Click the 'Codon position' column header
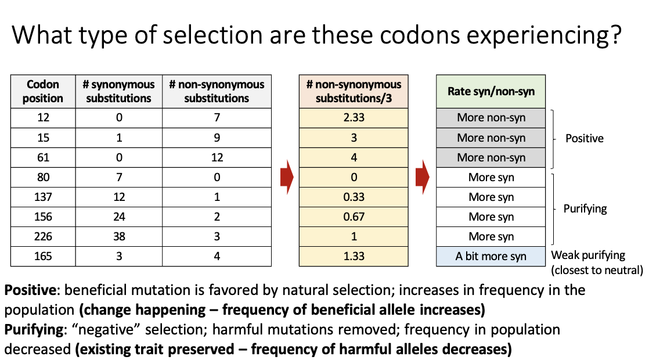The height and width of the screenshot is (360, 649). pyautogui.click(x=43, y=91)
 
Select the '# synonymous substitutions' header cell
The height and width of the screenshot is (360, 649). pyautogui.click(x=118, y=91)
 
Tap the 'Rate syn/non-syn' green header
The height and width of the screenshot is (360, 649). pyautogui.click(x=491, y=91)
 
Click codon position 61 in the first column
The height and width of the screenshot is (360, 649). pyautogui.click(x=43, y=157)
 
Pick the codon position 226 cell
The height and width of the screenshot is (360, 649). pyautogui.click(x=43, y=236)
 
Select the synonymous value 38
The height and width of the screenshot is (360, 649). pyautogui.click(x=118, y=236)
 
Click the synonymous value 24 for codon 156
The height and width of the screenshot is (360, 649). pyautogui.click(x=118, y=217)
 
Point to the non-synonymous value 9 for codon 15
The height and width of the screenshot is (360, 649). pyautogui.click(x=217, y=138)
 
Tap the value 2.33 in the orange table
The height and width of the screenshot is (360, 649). pyautogui.click(x=354, y=118)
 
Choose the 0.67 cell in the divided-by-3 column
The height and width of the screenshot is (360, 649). pyautogui.click(x=354, y=217)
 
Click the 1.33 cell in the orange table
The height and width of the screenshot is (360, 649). pyautogui.click(x=354, y=256)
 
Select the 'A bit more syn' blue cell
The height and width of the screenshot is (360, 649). pyautogui.click(x=491, y=256)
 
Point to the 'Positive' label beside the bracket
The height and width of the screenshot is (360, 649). pyautogui.click(x=585, y=139)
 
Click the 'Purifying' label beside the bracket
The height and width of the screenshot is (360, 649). pyautogui.click(x=585, y=208)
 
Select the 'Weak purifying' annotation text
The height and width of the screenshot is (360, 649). pyautogui.click(x=588, y=255)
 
